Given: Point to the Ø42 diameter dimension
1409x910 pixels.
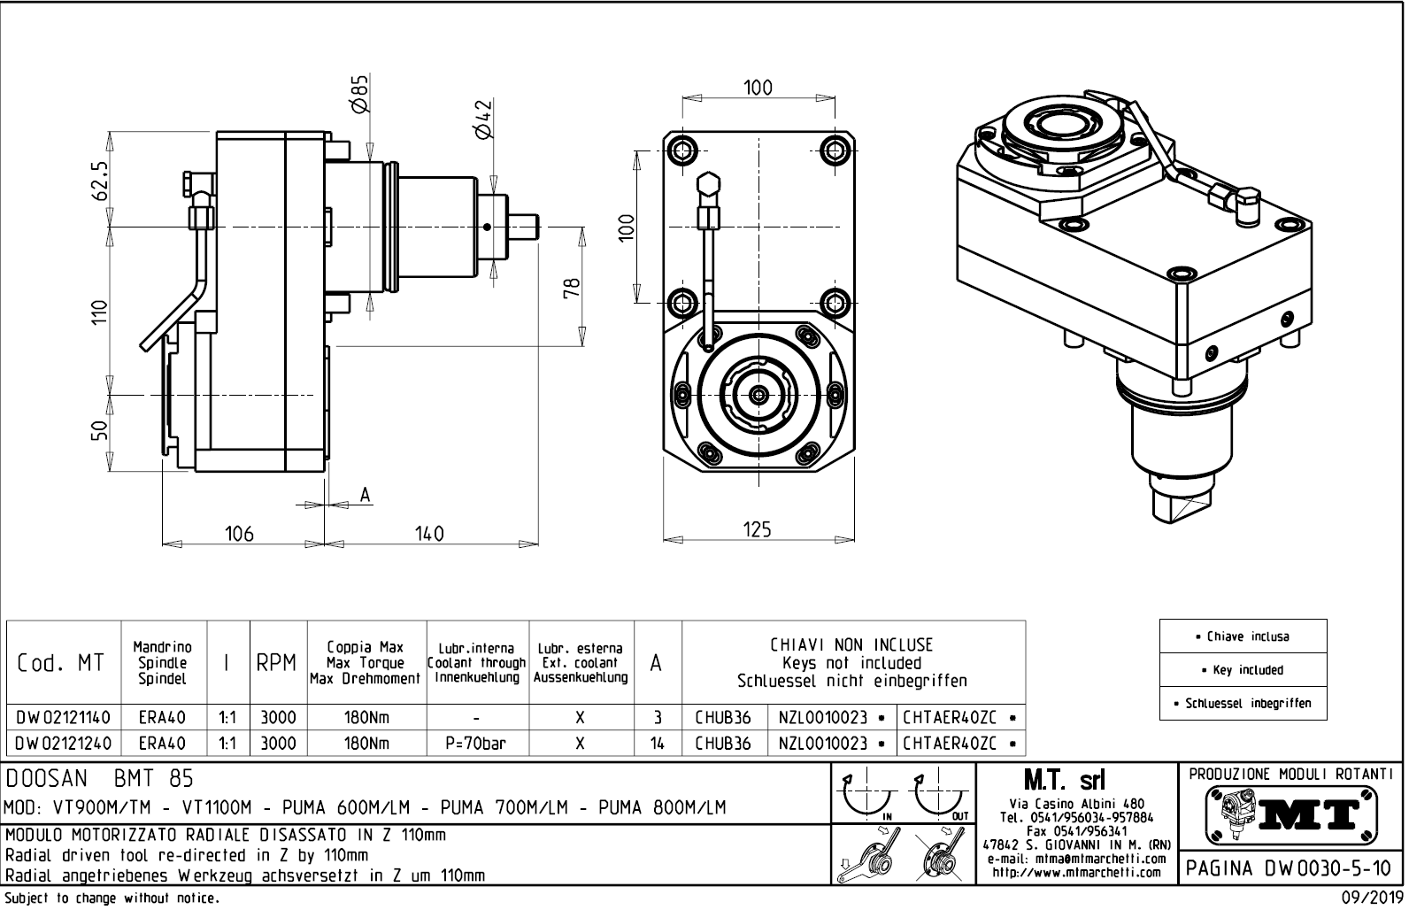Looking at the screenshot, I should (483, 119).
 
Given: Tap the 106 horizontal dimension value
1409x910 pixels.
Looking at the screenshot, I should (239, 534).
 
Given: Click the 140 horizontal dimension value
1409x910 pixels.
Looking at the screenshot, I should (429, 534).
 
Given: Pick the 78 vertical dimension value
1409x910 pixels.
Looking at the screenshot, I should (573, 289).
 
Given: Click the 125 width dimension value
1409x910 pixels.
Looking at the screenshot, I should (757, 529).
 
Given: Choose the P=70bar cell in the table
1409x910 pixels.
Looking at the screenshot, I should (476, 744).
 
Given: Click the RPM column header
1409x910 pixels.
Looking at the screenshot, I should (276, 663).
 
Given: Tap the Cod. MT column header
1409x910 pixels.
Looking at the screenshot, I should (60, 663).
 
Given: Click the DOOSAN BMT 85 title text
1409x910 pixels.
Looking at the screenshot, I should (99, 779).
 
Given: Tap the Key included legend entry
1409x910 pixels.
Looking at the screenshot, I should (1243, 670).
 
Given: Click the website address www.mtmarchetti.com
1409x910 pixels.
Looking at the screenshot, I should (1077, 872).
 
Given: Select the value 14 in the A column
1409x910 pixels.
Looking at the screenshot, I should (657, 744).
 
